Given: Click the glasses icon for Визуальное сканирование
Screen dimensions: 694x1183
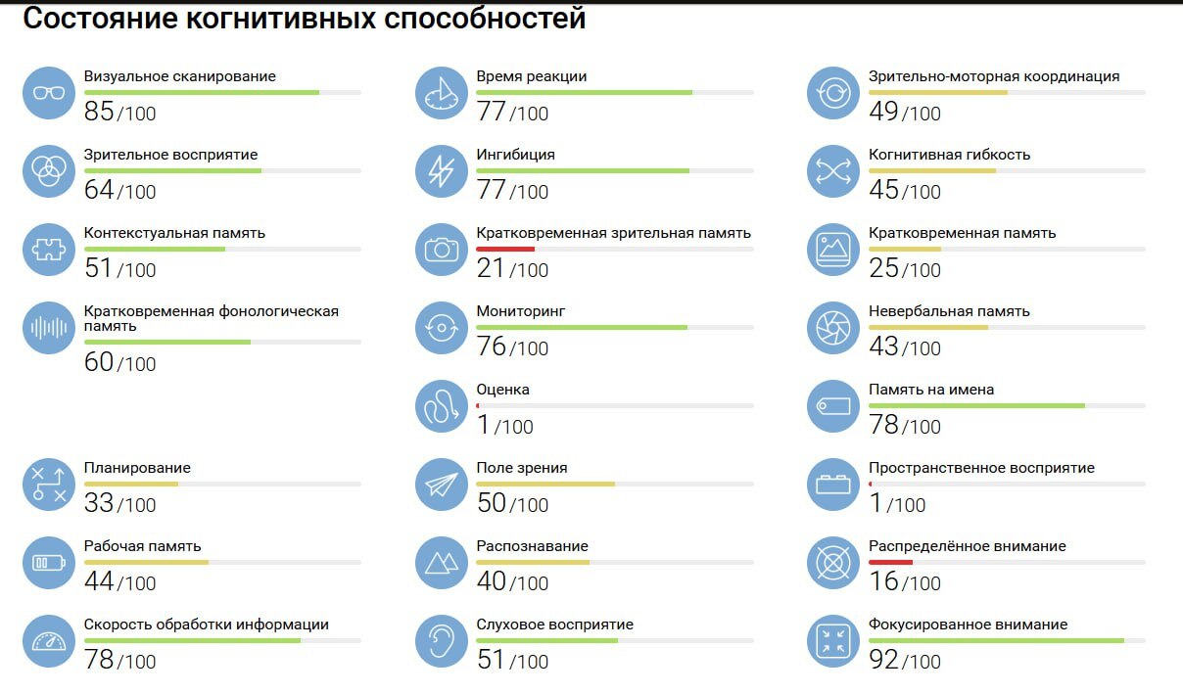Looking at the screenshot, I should click(49, 93).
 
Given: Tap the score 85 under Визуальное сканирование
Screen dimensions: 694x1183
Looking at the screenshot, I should click(100, 112).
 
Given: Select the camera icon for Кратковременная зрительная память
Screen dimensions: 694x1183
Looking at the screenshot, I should click(442, 250).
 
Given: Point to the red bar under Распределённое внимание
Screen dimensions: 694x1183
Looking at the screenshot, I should click(890, 562).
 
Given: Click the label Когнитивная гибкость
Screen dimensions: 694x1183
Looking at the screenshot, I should click(949, 155).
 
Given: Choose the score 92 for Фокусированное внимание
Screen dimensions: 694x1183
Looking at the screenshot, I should click(883, 660).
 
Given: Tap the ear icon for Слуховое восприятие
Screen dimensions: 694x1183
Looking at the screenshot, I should click(442, 641).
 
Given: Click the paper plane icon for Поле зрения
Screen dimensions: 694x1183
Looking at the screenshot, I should click(442, 485).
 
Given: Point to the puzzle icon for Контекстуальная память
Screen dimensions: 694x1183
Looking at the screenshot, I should click(49, 250).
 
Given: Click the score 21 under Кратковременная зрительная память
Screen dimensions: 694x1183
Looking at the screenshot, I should click(491, 268).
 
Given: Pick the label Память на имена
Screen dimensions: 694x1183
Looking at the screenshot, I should click(930, 390).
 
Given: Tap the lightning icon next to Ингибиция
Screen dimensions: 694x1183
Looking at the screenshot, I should click(442, 171).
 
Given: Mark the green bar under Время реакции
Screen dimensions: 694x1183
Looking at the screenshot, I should click(584, 92).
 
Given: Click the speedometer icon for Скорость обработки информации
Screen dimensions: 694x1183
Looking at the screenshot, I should click(49, 641).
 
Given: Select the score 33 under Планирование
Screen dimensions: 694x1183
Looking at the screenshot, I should click(99, 503).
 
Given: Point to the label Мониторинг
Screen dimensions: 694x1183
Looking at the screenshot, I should click(520, 311).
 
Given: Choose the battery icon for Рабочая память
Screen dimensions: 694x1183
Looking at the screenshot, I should click(49, 563).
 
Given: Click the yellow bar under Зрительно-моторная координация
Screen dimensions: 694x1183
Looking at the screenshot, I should click(937, 92).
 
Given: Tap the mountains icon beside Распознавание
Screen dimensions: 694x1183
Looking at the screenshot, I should click(442, 563).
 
